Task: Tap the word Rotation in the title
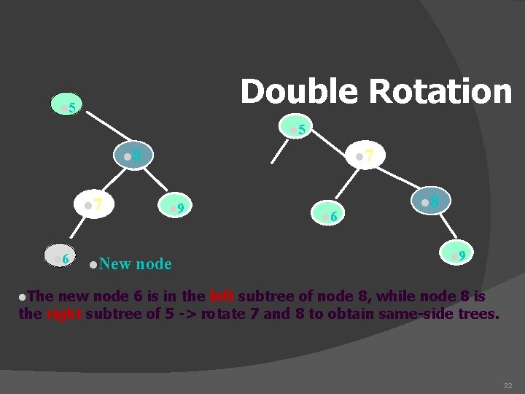coord(440,92)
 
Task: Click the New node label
coord(131,263)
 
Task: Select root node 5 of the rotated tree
coord(298,129)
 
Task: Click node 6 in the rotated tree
coord(329,215)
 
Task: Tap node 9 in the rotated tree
coord(457,255)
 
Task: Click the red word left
coord(222,296)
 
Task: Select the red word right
coord(63,314)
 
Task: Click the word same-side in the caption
coord(425,314)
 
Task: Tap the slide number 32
coord(507,385)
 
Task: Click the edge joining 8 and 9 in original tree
coord(156,182)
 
